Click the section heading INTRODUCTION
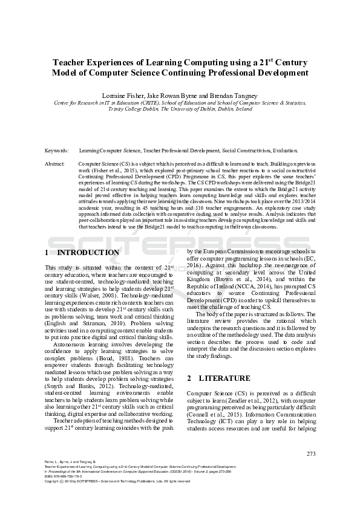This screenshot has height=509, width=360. point(87,253)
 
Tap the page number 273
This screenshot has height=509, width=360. point(311,454)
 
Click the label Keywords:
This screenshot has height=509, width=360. point(56,150)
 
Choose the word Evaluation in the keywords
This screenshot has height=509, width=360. point(284,150)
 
